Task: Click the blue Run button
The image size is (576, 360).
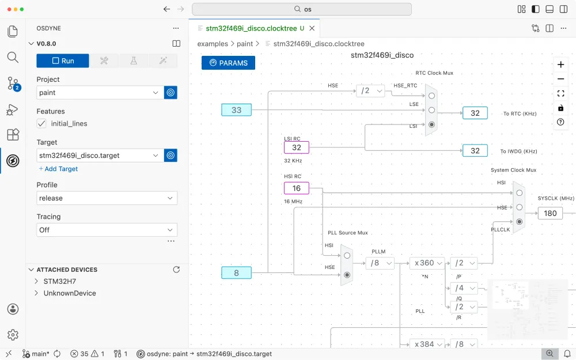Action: coord(63,61)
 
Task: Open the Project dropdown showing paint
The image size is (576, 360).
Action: coord(100,92)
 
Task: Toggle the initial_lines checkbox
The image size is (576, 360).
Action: coord(41,123)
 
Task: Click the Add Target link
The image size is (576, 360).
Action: coord(58,169)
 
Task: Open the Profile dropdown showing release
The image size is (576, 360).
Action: coord(107,198)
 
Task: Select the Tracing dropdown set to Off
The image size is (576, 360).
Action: coord(107,230)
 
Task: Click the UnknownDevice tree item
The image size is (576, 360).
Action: coord(69,293)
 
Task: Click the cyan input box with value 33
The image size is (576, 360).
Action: coord(236,110)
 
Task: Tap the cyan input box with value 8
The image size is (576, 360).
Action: coord(236,273)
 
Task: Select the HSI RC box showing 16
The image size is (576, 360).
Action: coord(296,188)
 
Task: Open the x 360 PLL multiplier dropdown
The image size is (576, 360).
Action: coord(427,263)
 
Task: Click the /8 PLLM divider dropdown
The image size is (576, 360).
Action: coord(380,263)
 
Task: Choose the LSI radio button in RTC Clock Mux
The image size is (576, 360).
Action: coord(431,124)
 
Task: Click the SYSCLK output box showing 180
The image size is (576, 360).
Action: coord(550,213)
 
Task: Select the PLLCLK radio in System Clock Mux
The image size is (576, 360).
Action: coord(519,221)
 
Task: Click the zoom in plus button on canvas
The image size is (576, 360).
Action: coord(560,65)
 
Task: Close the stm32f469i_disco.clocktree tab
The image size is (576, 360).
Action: coord(312,28)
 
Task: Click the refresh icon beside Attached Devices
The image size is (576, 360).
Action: coord(177,270)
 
